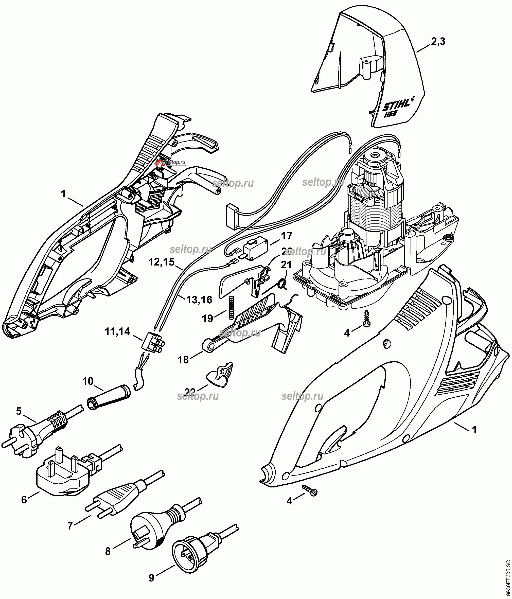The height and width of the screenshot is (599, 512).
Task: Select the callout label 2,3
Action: [438, 42]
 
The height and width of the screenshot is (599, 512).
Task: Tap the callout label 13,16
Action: [199, 300]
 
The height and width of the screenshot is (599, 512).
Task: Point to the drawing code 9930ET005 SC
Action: [508, 573]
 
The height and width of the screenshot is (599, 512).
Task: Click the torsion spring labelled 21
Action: [282, 284]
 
